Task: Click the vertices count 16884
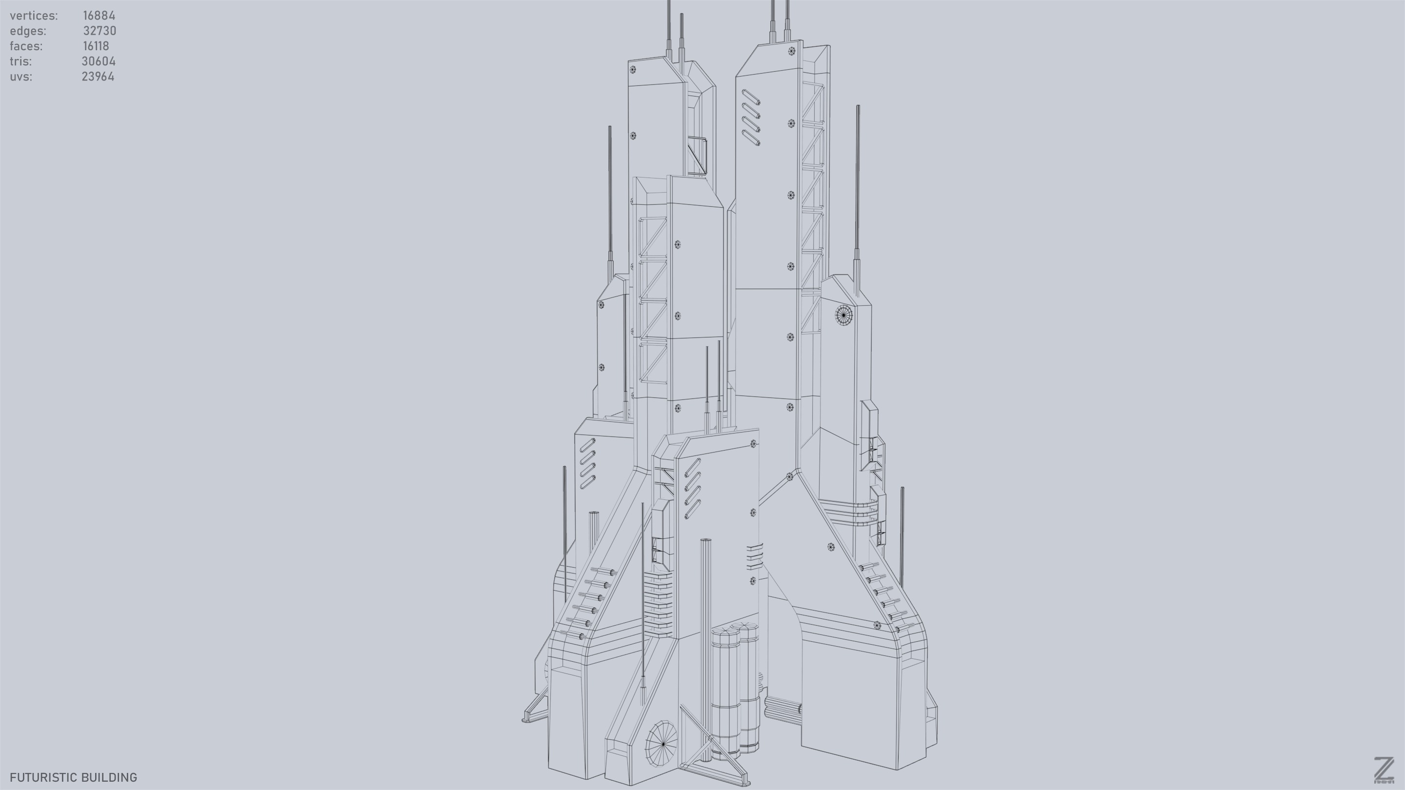tap(99, 16)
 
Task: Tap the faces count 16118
tap(96, 46)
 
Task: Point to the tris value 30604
tap(98, 61)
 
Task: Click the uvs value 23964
tap(98, 77)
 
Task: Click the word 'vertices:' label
tap(34, 16)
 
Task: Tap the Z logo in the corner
tap(1384, 770)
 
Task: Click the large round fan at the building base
tap(662, 743)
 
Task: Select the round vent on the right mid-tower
tap(843, 315)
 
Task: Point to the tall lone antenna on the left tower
tap(610, 196)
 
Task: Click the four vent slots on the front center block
tap(692, 489)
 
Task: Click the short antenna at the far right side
tap(902, 534)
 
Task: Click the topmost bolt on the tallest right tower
tap(791, 51)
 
